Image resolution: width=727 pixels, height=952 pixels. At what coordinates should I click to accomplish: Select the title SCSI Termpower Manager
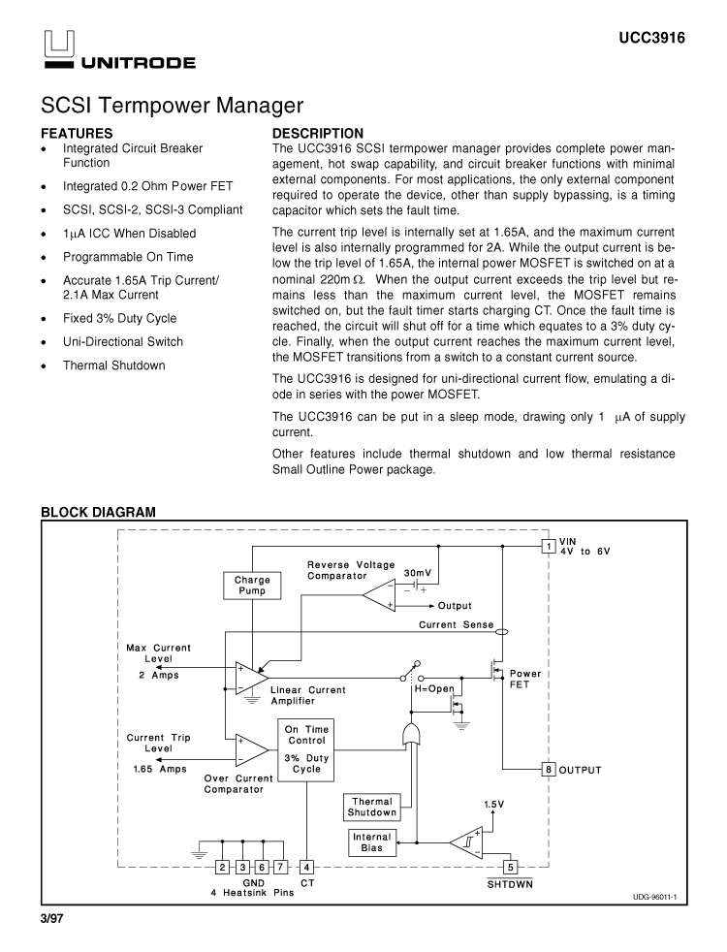(173, 105)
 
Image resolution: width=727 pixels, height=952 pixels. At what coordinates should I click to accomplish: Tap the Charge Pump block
(252, 586)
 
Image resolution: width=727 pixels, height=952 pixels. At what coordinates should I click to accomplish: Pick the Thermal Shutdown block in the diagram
(372, 807)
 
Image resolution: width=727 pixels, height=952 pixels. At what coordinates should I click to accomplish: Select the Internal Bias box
(371, 842)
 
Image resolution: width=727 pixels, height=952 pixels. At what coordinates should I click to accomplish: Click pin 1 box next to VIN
(549, 546)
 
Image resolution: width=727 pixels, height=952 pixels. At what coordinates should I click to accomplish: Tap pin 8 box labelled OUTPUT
(549, 770)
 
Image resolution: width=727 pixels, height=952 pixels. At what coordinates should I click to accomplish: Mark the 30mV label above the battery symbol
(418, 573)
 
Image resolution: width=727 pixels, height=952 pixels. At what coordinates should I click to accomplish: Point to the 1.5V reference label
(494, 804)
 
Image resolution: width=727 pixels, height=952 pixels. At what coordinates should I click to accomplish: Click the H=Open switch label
(434, 689)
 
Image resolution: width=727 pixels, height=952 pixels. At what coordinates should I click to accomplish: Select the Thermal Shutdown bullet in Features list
(113, 365)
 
